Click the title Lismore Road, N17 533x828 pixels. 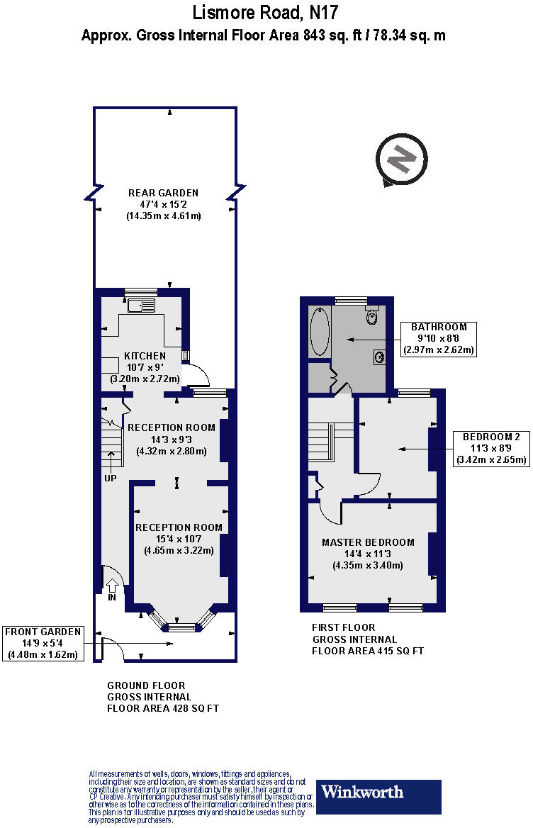266,12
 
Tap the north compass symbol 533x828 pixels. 401,161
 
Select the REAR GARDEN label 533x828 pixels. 163,193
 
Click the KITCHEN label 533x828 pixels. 145,356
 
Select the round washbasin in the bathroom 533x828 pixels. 380,357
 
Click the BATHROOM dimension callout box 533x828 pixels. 439,338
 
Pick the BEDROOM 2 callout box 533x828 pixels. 491,447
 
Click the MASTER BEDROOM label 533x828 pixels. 368,542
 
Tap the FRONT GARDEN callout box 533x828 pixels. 43,643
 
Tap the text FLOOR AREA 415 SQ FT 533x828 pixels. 368,650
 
